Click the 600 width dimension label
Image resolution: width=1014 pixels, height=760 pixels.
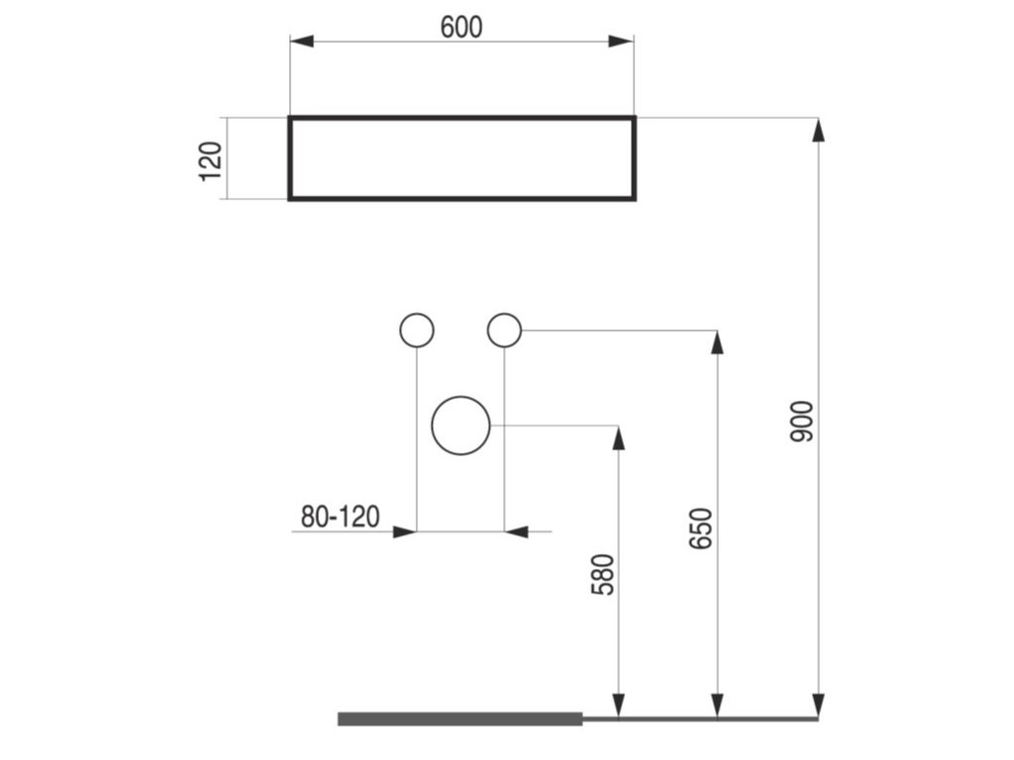tap(461, 28)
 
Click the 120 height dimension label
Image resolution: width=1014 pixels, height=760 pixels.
tap(211, 160)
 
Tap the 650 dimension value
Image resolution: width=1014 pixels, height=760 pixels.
tap(701, 529)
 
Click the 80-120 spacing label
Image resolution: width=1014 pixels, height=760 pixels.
tap(340, 516)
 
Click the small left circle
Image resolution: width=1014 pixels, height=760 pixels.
tap(416, 330)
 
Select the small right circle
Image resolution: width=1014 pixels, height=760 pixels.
tap(504, 330)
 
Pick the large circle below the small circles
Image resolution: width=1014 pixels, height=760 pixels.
tap(461, 427)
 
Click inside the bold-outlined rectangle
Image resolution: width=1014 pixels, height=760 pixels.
tap(461, 158)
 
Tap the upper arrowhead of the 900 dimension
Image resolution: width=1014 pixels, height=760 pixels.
tap(817, 130)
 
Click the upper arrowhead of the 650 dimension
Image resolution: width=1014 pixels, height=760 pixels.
tap(717, 342)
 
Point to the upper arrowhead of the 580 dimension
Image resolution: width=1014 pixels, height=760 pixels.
tap(618, 438)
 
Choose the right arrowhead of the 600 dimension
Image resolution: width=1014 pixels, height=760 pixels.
tap(621, 42)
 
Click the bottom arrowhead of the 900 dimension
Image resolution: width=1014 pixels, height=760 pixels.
tap(817, 705)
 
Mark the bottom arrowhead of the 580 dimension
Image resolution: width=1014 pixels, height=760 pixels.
tap(618, 705)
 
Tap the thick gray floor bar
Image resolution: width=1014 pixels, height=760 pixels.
tap(460, 718)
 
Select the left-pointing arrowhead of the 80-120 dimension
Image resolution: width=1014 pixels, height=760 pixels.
tap(516, 531)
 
